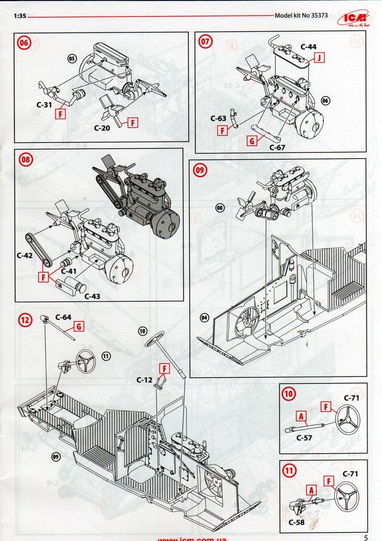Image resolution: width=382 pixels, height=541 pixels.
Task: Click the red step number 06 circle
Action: pos(24,42)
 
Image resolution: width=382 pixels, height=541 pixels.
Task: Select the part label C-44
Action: pos(309,46)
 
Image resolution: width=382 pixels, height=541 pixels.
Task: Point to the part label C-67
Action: pos(277,147)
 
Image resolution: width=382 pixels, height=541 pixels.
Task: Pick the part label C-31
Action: pos(44,105)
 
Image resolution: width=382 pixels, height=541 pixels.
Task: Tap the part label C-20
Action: pos(102,128)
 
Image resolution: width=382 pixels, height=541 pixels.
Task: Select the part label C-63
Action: pos(218,119)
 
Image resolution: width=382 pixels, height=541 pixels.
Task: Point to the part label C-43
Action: pos(93,296)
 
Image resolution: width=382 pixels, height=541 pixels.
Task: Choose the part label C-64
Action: pos(63,317)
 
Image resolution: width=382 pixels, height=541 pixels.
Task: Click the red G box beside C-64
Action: pos(79,326)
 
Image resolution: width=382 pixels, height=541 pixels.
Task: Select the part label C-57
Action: pos(305,437)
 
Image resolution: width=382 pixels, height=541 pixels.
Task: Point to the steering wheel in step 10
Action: pos(348,420)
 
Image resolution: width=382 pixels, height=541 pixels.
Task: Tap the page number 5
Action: pos(366,537)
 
